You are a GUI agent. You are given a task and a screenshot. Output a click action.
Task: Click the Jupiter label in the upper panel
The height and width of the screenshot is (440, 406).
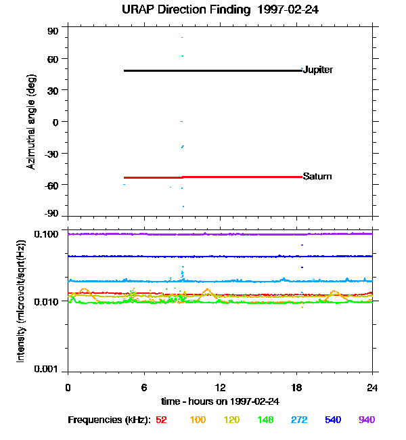[x=317, y=70]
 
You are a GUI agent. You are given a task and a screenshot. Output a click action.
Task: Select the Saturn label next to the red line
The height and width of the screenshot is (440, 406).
[x=317, y=176]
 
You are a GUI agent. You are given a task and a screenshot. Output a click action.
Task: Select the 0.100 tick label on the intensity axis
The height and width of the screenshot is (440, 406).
[x=47, y=234]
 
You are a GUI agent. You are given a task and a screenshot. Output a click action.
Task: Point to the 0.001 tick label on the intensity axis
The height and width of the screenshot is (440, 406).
[x=47, y=370]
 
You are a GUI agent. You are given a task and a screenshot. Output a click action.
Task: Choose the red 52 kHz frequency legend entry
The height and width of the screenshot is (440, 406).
[x=161, y=420]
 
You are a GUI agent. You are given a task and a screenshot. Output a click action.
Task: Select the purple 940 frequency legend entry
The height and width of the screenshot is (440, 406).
[x=367, y=420]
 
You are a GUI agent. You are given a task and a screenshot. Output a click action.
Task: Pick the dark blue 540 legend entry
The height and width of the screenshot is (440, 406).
[x=332, y=420]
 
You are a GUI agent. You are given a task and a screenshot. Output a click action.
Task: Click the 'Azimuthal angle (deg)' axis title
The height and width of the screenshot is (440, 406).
[x=30, y=122]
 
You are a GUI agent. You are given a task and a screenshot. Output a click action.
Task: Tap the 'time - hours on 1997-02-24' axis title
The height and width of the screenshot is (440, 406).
[x=220, y=401]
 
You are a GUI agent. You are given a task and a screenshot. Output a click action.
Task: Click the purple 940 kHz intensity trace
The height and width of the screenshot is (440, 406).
[x=203, y=234]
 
